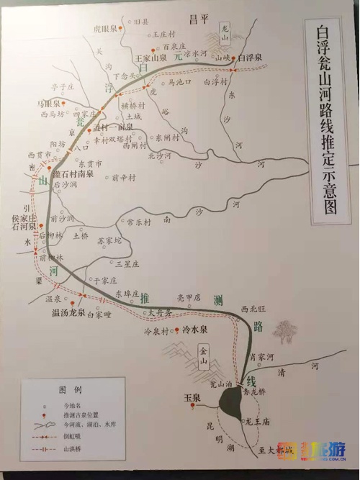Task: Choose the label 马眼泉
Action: [48, 104]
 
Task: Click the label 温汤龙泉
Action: [68, 312]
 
